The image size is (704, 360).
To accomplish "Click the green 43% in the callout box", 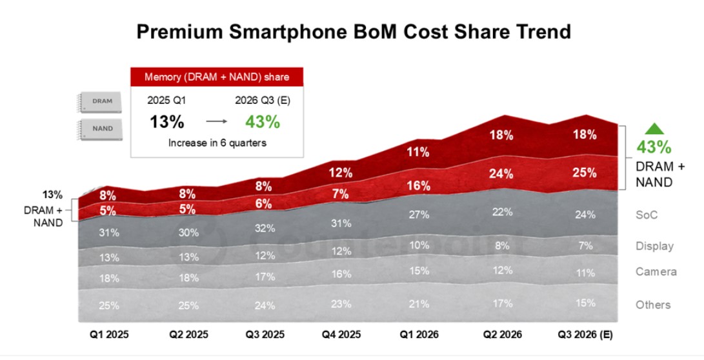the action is (263, 122).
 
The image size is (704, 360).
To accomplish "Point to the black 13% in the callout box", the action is (167, 122).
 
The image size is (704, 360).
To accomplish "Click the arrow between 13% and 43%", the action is (216, 121).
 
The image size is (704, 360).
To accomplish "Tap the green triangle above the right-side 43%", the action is (654, 128).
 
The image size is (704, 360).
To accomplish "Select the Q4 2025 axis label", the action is (341, 334).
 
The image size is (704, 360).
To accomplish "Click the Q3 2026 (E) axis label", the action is (585, 334).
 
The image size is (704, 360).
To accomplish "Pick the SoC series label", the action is (647, 215).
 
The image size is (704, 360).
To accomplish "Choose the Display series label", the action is (654, 246).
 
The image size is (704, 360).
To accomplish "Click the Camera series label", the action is (656, 272).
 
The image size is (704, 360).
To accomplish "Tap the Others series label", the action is (653, 305).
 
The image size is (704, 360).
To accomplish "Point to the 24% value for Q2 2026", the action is (501, 174).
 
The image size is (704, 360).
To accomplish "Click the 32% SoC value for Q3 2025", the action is (265, 228).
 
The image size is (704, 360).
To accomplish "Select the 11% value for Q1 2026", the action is (418, 152).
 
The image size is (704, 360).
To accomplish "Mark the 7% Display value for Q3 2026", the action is (585, 246).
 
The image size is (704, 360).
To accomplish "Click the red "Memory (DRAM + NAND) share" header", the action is (217, 77).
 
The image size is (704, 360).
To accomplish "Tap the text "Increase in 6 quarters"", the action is (217, 143).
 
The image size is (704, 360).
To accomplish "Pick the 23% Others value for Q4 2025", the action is (341, 304).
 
